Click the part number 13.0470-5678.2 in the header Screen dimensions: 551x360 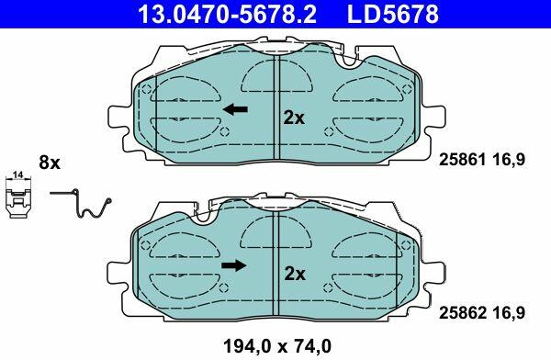228,14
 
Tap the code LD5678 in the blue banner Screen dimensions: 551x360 393,14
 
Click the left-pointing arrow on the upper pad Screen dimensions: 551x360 235,109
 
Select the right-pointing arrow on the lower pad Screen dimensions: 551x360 234,265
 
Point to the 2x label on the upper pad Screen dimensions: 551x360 295,118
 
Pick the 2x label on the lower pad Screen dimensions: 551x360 295,274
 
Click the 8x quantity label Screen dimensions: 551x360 50,163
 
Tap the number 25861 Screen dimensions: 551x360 463,161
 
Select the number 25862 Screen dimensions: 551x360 463,312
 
